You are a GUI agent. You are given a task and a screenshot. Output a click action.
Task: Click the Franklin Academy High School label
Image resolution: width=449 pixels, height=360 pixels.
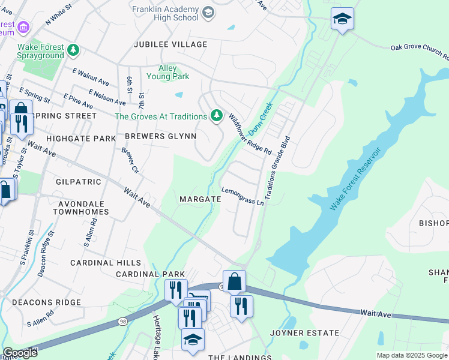pyautogui.click(x=165, y=13)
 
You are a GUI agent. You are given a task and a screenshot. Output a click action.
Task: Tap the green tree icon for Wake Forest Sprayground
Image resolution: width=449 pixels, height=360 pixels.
pyautogui.click(x=73, y=50)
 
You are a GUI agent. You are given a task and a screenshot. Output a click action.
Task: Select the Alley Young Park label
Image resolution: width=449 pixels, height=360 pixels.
pyautogui.click(x=168, y=72)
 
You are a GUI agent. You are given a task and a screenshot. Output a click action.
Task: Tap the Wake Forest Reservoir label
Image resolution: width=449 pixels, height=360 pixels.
pyautogui.click(x=356, y=178)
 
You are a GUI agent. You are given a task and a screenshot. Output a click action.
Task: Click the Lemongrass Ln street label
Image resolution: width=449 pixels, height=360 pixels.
pyautogui.click(x=243, y=197)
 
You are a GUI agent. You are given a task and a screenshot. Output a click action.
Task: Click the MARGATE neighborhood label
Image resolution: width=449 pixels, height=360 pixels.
pyautogui.click(x=197, y=199)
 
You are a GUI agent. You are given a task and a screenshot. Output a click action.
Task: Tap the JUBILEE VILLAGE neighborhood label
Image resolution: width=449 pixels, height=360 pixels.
pyautogui.click(x=162, y=44)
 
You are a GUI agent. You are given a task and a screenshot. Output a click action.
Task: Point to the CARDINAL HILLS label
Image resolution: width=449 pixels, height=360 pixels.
pyautogui.click(x=106, y=263)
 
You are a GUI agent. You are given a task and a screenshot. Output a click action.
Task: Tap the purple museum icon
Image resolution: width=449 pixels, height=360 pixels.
pyautogui.click(x=23, y=28)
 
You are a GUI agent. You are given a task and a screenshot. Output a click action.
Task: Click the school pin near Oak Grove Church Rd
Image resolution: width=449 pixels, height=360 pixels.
pyautogui.click(x=342, y=19)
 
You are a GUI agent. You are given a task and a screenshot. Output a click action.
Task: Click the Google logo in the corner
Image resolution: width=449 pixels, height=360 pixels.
pyautogui.click(x=19, y=353)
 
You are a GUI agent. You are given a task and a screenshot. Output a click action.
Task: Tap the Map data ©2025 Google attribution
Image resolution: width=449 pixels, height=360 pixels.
pyautogui.click(x=412, y=355)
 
